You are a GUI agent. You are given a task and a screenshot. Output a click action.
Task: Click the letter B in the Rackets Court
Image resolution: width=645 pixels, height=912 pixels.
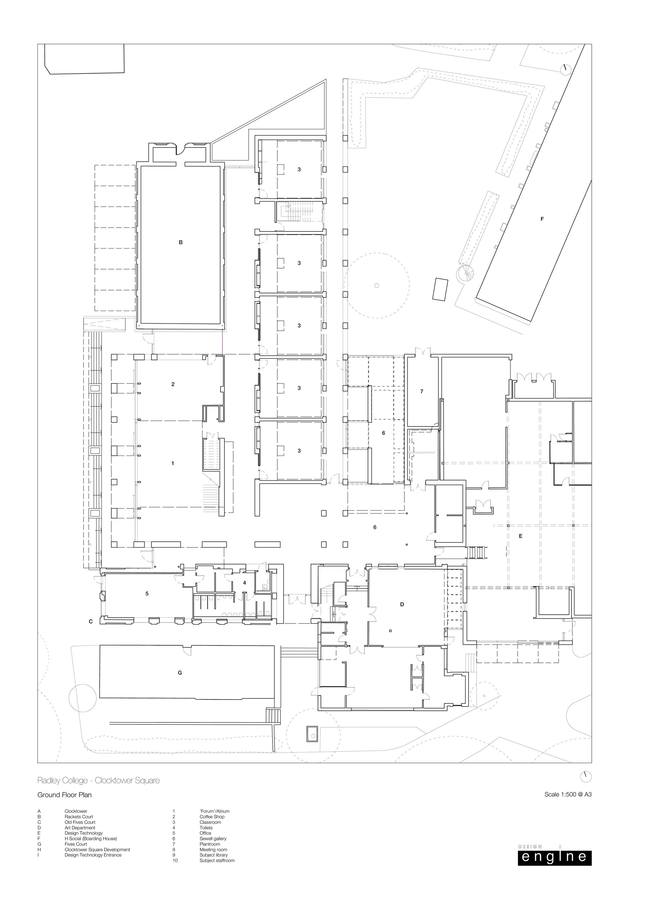click(181, 242)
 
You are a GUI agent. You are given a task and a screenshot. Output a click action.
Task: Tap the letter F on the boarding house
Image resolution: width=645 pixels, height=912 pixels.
click(542, 219)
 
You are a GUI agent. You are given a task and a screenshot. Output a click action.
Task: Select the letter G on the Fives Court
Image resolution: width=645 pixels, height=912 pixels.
click(180, 673)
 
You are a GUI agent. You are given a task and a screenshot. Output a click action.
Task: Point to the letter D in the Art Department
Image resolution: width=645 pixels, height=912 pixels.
click(402, 604)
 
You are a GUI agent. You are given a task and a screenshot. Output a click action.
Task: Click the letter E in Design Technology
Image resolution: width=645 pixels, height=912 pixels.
click(521, 536)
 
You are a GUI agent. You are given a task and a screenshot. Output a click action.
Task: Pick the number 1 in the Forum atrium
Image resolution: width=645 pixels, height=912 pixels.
click(173, 463)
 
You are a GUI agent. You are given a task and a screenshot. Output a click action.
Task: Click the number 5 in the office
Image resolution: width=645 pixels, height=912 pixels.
click(147, 593)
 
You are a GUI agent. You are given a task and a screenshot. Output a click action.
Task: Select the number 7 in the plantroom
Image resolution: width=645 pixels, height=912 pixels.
click(422, 391)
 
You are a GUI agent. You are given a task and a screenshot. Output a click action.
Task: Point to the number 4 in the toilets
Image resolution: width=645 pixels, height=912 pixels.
click(244, 583)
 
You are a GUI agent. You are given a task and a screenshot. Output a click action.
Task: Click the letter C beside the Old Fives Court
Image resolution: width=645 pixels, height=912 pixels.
click(91, 622)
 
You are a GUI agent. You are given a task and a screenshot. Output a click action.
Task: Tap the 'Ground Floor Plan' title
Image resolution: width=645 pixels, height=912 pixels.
click(64, 795)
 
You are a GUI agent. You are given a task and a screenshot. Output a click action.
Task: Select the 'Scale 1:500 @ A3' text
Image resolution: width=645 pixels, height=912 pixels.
click(568, 795)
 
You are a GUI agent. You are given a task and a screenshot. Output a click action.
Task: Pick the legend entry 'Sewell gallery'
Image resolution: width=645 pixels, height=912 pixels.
click(213, 838)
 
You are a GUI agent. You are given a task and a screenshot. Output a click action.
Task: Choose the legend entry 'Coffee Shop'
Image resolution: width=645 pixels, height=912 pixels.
click(212, 817)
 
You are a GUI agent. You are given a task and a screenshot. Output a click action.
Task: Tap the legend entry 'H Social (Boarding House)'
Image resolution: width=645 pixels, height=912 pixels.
click(91, 838)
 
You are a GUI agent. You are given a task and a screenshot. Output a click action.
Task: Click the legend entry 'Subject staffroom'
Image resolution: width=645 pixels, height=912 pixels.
click(217, 860)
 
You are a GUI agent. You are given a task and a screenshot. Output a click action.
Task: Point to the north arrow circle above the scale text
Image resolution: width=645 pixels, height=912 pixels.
click(586, 776)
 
